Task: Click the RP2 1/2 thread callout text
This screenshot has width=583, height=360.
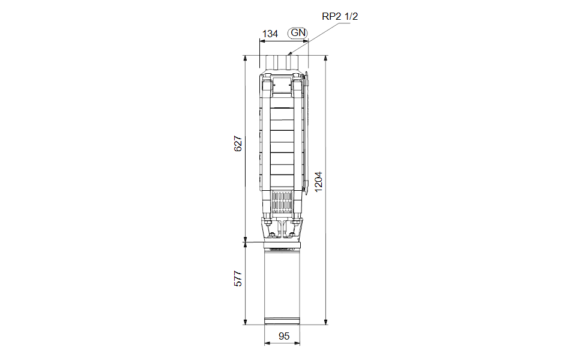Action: point(339,16)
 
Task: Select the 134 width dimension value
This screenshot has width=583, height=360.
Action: point(270,34)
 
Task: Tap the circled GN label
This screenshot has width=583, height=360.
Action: point(298,32)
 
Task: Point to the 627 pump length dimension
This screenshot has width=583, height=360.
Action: point(238,143)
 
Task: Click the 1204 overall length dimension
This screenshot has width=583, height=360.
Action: point(318,182)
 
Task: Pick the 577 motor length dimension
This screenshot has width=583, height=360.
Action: point(238,278)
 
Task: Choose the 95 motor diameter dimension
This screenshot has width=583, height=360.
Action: point(283,336)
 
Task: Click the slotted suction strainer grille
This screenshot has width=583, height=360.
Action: point(282,202)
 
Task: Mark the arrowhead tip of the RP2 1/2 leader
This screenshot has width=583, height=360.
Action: point(289,55)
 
